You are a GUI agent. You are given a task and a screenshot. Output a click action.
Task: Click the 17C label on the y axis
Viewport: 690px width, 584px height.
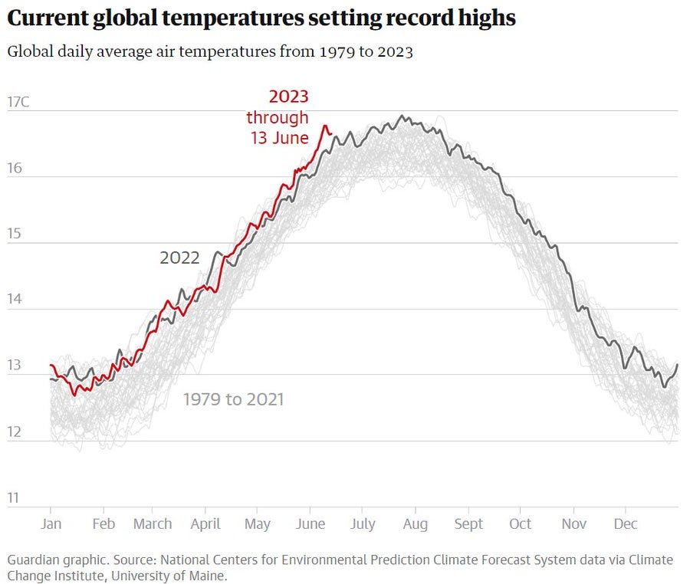coord(18,102)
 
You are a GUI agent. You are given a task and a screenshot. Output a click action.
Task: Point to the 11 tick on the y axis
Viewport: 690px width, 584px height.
coord(13,497)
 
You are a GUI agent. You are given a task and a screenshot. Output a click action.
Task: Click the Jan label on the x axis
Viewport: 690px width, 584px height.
coord(51,524)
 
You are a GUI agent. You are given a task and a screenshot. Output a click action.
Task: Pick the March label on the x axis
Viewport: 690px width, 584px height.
coord(153,524)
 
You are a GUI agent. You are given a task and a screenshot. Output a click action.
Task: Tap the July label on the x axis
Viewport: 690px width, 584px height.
coord(363,524)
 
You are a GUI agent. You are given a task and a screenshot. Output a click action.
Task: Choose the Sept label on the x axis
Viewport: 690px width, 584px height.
coord(468,524)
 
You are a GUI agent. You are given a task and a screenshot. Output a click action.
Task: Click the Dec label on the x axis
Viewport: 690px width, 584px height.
coord(626,524)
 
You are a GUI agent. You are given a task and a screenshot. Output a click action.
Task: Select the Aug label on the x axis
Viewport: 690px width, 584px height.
coord(415,524)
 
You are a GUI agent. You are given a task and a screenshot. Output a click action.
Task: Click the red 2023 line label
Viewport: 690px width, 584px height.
coord(288,97)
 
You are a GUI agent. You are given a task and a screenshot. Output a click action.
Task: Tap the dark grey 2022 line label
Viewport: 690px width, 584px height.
coord(179,258)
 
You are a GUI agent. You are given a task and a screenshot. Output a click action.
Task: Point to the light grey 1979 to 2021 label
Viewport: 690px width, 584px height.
coord(233,399)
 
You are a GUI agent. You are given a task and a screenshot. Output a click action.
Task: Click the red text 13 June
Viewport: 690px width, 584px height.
coord(279,138)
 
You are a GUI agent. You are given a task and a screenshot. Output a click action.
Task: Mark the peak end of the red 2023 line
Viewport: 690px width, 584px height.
coord(325,126)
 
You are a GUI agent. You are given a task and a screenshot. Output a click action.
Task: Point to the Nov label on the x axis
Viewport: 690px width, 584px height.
coord(573,524)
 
